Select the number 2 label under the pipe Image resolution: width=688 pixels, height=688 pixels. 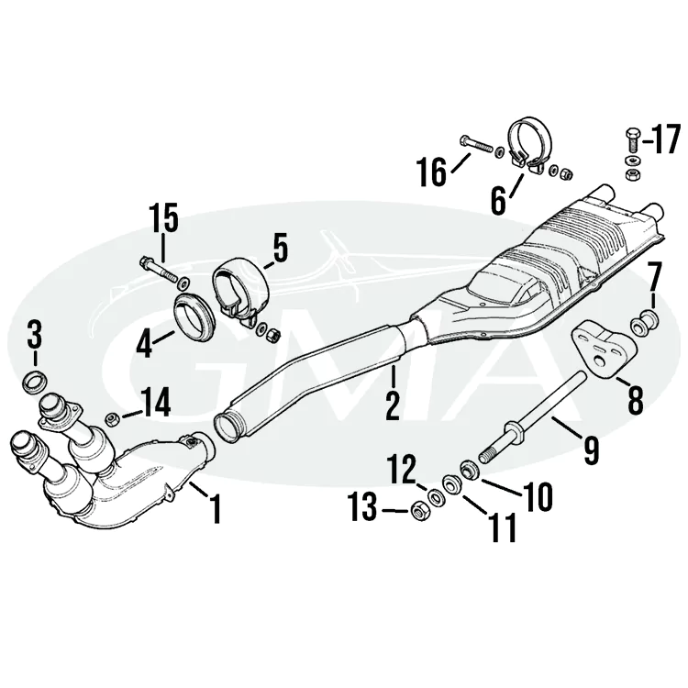(393, 405)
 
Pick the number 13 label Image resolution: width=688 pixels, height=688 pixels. (364, 507)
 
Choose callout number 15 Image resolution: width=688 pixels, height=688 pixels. (164, 221)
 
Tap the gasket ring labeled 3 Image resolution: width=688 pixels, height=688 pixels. (34, 380)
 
